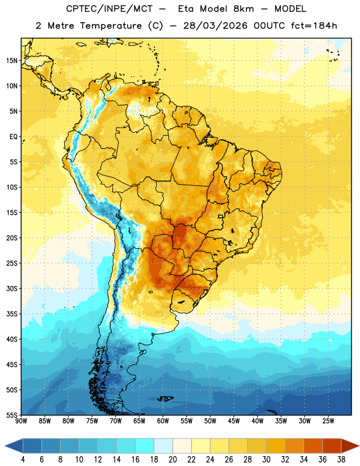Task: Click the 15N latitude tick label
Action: (x=12, y=61)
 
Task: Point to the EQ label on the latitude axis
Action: (x=13, y=137)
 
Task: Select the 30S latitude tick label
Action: (x=12, y=288)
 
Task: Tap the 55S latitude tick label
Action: (x=12, y=415)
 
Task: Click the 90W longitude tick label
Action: (x=21, y=421)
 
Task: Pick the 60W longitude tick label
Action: (x=163, y=421)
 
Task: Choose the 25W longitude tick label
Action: (x=328, y=421)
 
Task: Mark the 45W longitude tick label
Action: (x=234, y=421)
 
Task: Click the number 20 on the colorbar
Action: (x=172, y=460)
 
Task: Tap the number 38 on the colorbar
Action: (x=341, y=460)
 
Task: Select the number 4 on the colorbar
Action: (x=23, y=460)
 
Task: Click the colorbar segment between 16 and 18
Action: (x=145, y=446)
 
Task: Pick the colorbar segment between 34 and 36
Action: (x=313, y=446)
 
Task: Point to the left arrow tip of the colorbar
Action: (x=5, y=446)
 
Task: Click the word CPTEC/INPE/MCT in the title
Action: (x=110, y=9)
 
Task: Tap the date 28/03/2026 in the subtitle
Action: (x=215, y=26)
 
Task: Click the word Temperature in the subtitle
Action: (x=111, y=26)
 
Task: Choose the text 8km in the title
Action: (x=243, y=9)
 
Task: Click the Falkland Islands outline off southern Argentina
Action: (x=165, y=398)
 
